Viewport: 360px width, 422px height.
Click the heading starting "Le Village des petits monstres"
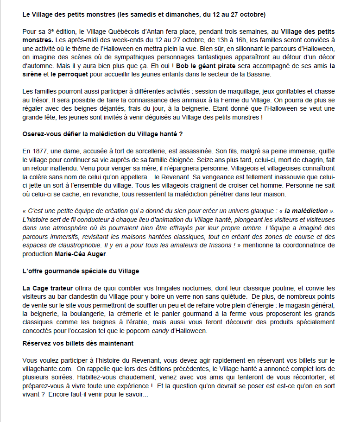[144, 15]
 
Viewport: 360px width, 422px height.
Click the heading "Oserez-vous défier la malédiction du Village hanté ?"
[102, 134]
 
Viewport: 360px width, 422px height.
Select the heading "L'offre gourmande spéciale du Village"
[80, 271]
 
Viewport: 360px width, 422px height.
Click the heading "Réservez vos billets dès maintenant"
[78, 343]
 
